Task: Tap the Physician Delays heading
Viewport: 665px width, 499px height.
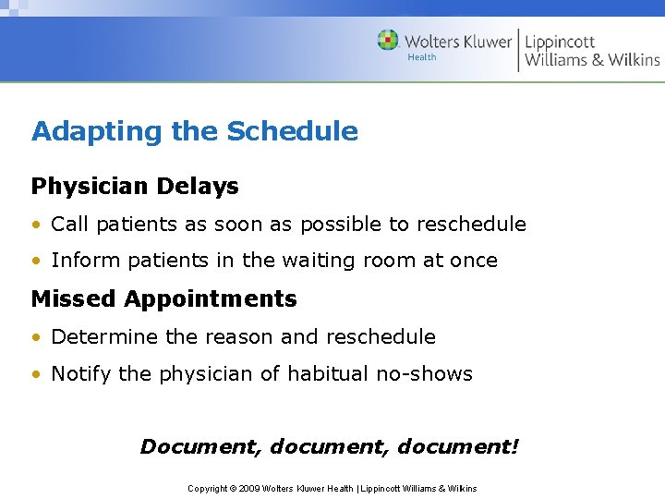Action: tap(135, 186)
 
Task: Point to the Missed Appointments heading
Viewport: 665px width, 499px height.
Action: tap(163, 298)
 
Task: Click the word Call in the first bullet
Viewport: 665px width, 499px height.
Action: tap(70, 224)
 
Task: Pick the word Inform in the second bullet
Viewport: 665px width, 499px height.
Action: tap(80, 261)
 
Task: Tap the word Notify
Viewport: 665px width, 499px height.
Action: tap(81, 374)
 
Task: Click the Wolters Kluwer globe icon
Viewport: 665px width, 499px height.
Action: tap(389, 41)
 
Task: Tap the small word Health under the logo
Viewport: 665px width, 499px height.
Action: tap(422, 57)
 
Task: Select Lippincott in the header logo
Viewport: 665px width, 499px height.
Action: tap(561, 41)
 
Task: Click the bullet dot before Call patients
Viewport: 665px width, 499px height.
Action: tap(36, 225)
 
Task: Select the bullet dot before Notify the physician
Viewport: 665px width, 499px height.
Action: tap(36, 375)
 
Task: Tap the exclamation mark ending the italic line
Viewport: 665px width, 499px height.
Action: tap(514, 446)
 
